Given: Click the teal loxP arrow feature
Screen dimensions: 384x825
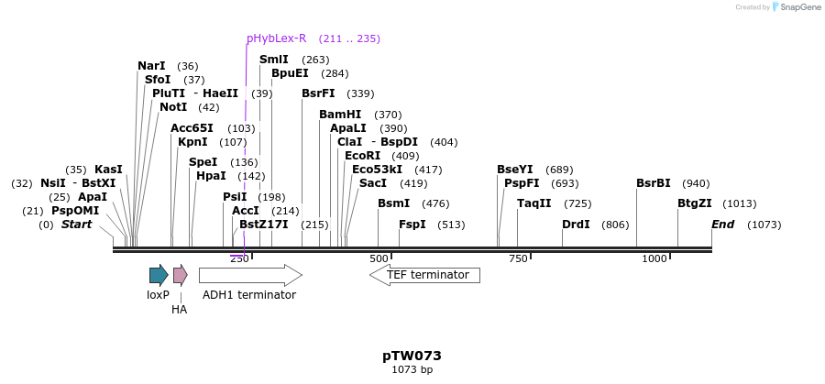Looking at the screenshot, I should point(159,275).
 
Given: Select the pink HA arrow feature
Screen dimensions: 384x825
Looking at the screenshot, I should point(180,275).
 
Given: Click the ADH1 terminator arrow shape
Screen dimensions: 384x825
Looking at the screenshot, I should point(249,275).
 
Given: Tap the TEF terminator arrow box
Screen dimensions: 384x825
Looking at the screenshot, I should point(425,275).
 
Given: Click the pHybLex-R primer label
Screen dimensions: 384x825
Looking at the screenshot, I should point(276,38).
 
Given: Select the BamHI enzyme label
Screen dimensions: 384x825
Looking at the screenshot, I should point(340,115).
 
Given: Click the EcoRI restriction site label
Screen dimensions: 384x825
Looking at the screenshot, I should point(362,156).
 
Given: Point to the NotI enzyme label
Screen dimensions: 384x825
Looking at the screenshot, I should point(173,107).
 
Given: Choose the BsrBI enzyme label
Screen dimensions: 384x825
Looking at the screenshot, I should point(654,183).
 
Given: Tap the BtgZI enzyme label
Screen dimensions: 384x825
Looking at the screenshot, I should point(695,203).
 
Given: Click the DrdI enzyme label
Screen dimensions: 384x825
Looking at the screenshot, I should point(576,225).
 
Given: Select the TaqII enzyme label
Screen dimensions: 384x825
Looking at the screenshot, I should point(534,203).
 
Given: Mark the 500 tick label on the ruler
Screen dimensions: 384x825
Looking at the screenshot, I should point(379,259).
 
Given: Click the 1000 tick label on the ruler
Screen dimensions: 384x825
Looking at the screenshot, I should point(654,259).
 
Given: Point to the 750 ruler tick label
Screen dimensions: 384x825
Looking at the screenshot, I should point(518,259).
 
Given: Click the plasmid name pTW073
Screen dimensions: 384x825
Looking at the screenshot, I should point(412,356).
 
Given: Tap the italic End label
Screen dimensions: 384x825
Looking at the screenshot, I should point(722,225).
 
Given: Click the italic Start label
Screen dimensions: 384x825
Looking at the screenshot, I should point(76,225).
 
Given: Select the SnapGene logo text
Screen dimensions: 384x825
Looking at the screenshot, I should point(800,7).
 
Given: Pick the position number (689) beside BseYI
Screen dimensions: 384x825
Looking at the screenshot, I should point(559,170).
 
